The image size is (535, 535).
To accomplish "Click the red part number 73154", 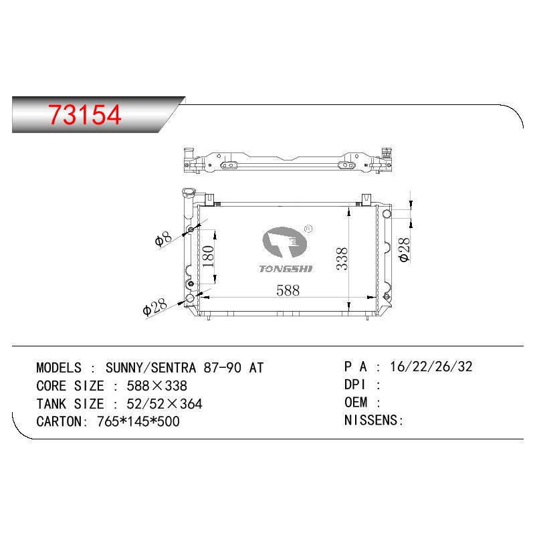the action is coord(85,114).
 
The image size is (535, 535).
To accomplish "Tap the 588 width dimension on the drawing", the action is coord(288,290).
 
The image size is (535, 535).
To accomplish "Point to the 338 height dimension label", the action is coord(342,259).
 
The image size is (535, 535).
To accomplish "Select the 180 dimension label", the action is coord(208,257).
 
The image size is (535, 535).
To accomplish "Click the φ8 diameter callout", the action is coord(163,239).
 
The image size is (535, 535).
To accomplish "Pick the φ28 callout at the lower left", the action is coord(154,307).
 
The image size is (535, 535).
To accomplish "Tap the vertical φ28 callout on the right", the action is coord(405,249).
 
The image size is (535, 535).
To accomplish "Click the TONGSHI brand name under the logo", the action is coord(286,269).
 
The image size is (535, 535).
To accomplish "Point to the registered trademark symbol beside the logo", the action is coord(308,229).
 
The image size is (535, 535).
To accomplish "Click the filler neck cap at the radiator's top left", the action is coord(188,192).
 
